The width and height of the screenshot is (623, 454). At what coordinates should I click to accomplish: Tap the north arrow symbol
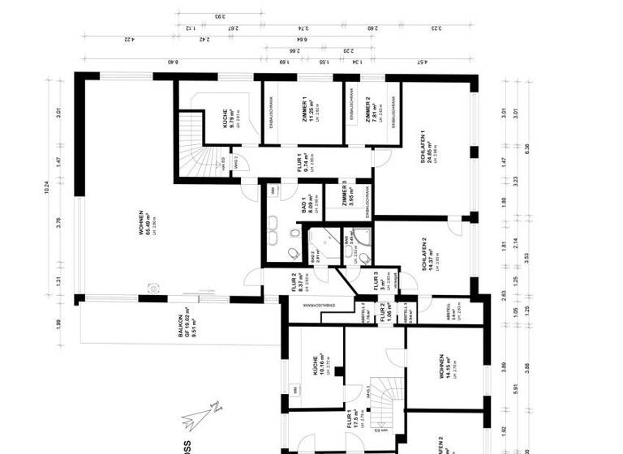pos(197,415)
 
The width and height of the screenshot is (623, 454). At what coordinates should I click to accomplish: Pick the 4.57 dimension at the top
pos(422,62)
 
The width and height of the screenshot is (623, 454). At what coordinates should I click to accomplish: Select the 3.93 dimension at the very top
pos(219,16)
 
